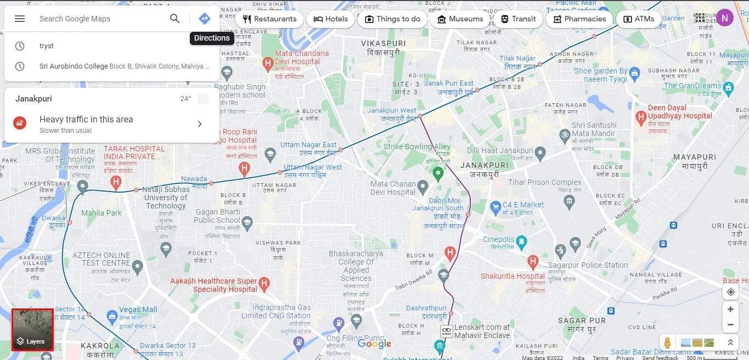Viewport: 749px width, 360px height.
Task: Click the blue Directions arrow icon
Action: click(x=204, y=19)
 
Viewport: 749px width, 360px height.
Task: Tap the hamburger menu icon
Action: click(x=20, y=19)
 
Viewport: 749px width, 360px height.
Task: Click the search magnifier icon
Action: click(x=174, y=19)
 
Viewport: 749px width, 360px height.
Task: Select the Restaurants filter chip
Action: click(x=269, y=19)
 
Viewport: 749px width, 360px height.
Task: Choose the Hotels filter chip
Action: click(x=331, y=19)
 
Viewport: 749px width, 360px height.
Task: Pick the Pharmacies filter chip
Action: click(x=579, y=19)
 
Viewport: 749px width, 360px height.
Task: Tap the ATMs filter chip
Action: click(x=639, y=19)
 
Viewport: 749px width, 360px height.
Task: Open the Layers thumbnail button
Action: click(x=32, y=330)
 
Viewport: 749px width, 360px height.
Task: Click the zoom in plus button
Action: click(x=730, y=310)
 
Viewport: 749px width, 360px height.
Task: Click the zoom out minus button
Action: click(x=730, y=325)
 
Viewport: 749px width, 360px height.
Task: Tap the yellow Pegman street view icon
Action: click(x=667, y=342)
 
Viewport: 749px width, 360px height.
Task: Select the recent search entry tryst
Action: click(x=47, y=46)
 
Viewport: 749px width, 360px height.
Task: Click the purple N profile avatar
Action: click(x=724, y=18)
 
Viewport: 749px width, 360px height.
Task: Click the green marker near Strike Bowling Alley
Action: click(x=438, y=174)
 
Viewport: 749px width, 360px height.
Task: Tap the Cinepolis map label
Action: click(x=499, y=239)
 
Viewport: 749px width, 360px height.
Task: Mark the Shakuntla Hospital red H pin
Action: click(x=532, y=262)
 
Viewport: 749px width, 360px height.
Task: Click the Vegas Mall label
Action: click(x=138, y=310)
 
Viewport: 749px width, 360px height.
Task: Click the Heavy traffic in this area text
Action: click(x=86, y=120)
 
